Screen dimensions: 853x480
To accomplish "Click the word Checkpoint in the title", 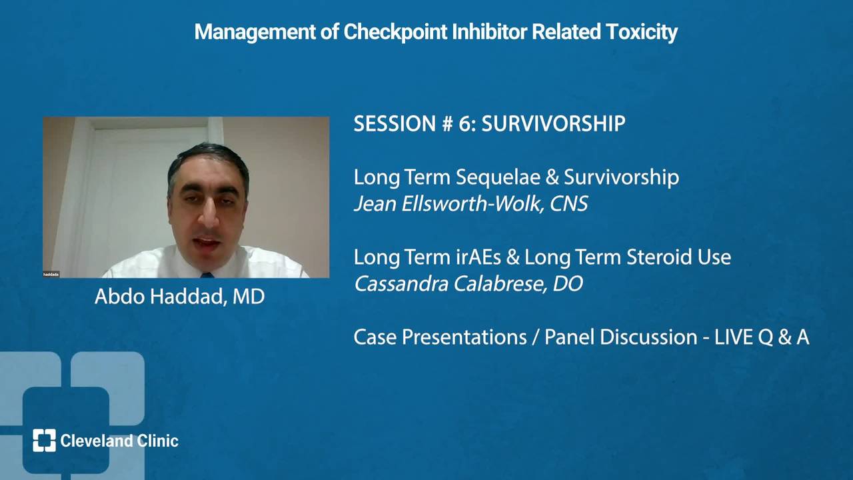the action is (395, 32).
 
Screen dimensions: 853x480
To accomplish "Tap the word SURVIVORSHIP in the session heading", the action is (553, 124).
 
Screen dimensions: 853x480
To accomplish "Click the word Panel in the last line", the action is (569, 337).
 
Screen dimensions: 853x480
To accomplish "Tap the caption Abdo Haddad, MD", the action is (180, 297).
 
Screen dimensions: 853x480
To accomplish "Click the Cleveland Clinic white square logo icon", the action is (44, 441).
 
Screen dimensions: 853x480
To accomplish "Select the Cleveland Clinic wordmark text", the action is (119, 441).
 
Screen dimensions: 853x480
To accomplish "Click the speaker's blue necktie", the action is (207, 275).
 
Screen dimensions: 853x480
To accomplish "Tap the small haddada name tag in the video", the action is (51, 274).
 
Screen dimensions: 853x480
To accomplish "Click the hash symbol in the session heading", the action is (447, 124).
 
